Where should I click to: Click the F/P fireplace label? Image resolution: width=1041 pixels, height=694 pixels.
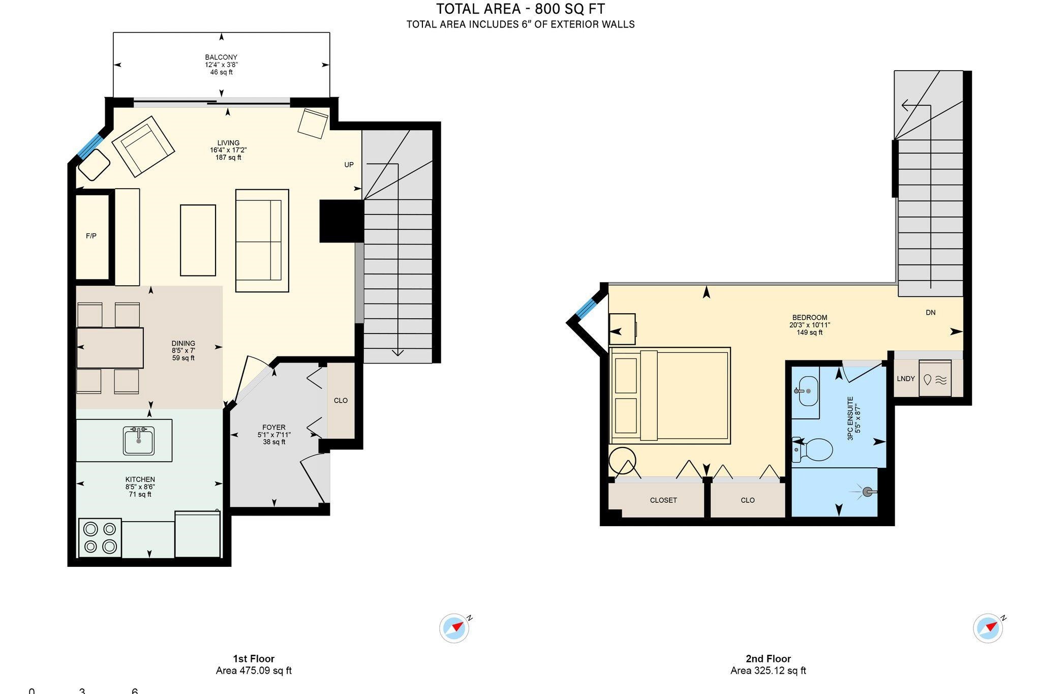[91, 236]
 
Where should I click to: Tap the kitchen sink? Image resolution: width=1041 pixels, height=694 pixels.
[139, 440]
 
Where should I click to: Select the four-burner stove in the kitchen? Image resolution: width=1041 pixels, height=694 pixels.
[100, 537]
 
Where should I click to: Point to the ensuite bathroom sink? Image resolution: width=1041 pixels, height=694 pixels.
[808, 391]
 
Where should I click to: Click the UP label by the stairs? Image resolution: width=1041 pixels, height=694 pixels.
[349, 165]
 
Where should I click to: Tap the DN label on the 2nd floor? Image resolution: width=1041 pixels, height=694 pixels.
[930, 313]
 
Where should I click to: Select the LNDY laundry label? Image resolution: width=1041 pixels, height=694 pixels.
[906, 379]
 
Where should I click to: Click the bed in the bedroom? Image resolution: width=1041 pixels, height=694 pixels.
[670, 396]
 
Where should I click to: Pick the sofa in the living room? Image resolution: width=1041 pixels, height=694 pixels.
[262, 240]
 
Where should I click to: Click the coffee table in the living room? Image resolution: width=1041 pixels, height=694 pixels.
[198, 240]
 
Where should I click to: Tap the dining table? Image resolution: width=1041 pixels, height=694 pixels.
[110, 348]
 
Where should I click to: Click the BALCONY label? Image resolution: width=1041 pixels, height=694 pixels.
[221, 57]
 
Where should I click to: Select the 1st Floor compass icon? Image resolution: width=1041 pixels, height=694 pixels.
[454, 628]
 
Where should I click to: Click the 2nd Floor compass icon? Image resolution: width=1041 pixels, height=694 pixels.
[988, 628]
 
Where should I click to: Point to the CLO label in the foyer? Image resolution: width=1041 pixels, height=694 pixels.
[341, 401]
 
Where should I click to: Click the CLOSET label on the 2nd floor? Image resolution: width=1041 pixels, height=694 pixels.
[663, 500]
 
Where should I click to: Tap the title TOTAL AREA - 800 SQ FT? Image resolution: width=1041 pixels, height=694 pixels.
[520, 9]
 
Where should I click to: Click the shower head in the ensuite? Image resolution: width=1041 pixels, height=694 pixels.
[868, 492]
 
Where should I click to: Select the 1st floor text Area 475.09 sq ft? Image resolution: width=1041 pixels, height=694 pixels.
[254, 671]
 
